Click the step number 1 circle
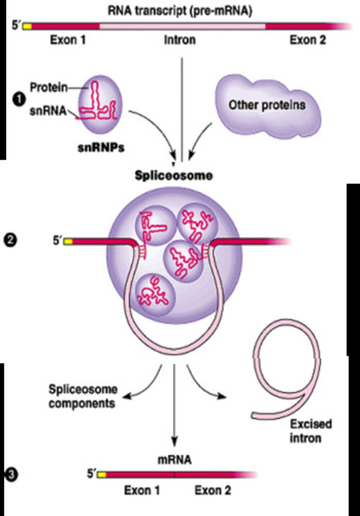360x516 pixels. coord(18,98)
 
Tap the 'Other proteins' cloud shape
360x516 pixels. coord(267,104)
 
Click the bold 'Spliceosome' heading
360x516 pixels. coord(174,176)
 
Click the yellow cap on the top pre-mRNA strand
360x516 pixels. coord(27,26)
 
